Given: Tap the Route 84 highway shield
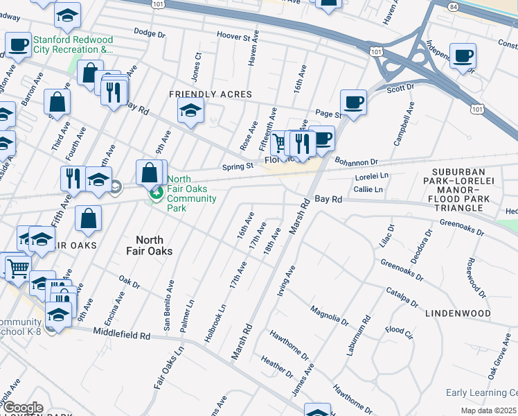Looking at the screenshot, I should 434,6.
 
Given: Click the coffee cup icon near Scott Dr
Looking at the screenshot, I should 354,103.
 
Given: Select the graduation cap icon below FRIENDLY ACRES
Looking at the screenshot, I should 190,111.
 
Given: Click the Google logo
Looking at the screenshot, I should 22,408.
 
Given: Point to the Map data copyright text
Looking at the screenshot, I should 487,410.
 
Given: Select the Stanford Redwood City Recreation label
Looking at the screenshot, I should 60,44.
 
